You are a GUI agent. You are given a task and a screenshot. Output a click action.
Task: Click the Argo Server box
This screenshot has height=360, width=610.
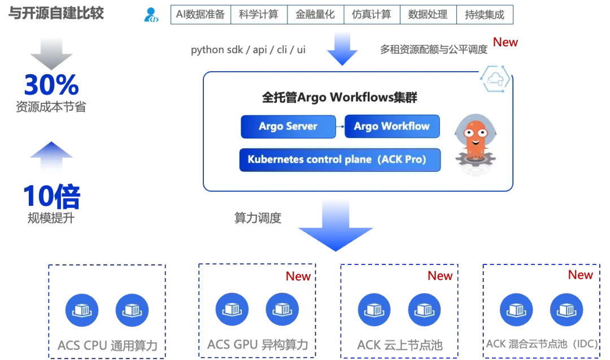[x=288, y=127]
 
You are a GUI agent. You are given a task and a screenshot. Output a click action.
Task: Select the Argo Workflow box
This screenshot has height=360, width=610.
[x=392, y=127]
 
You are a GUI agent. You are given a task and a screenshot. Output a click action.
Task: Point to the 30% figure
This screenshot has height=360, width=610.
[x=51, y=85]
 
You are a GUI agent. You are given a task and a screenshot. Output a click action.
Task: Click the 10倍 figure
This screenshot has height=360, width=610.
[x=51, y=197]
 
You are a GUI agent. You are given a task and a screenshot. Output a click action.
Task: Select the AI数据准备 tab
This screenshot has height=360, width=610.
[x=201, y=15]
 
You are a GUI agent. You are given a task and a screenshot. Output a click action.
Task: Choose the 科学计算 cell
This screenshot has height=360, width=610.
[x=259, y=15]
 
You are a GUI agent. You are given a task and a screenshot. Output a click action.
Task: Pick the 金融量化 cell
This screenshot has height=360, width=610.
[x=315, y=15]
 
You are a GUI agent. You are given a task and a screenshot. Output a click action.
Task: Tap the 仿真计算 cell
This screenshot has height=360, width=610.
[x=371, y=15]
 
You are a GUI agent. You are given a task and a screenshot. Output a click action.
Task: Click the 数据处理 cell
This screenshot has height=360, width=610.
[x=428, y=15]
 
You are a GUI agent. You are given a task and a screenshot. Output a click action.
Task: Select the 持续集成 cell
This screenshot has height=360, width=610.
[x=485, y=15]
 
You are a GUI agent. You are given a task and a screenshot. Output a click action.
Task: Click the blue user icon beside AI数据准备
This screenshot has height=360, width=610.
[x=151, y=15]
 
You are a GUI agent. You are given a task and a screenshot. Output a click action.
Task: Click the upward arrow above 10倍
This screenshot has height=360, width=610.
[x=51, y=157]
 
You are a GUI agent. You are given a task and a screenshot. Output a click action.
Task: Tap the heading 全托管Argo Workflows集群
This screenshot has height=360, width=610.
[x=340, y=97]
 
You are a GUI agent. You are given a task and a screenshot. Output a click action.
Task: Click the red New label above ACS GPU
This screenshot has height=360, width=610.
[x=298, y=276]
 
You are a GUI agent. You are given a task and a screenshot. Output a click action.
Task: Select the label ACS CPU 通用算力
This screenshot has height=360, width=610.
[x=107, y=345]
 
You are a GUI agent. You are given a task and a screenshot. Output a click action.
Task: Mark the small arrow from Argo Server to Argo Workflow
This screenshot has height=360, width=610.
[x=340, y=127]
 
